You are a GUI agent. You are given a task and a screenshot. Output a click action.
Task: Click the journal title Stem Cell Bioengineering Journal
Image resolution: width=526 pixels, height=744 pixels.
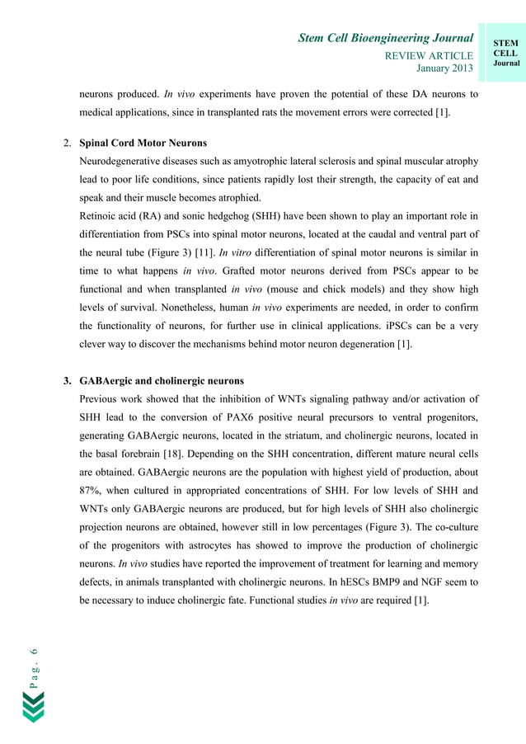click(x=385, y=38)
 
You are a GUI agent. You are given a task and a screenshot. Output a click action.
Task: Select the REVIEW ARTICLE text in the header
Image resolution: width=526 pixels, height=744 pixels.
click(x=430, y=55)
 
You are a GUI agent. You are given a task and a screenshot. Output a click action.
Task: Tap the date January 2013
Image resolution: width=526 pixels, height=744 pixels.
click(x=444, y=68)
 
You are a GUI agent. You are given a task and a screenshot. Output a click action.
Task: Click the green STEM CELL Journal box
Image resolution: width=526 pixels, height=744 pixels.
click(x=505, y=54)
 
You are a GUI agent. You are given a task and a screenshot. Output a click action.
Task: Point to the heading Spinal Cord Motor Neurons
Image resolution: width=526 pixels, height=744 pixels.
click(x=143, y=143)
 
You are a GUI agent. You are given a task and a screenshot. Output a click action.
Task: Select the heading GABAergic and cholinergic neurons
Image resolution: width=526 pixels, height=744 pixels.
click(x=162, y=381)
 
